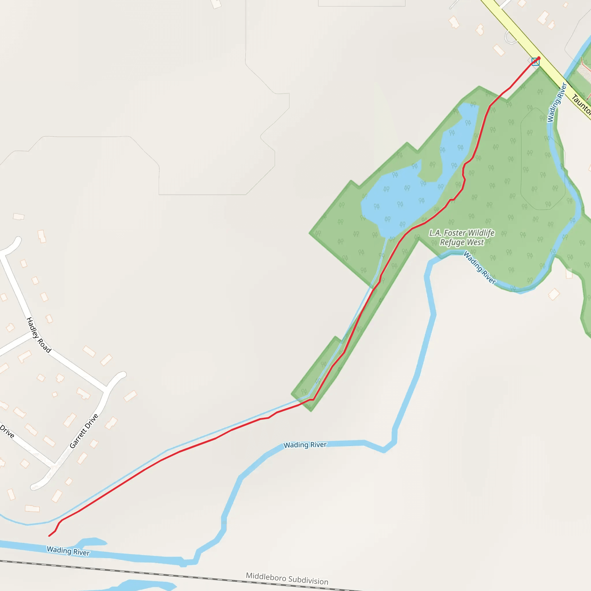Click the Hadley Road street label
click(39, 335)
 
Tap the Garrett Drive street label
click(84, 431)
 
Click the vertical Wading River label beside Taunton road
click(557, 102)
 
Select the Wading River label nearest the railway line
click(68, 551)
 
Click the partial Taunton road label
click(581, 104)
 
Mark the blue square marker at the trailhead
click(535, 61)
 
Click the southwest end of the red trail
click(49, 536)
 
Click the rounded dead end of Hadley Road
click(17, 241)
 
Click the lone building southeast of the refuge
click(554, 295)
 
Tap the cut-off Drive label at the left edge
click(7, 431)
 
